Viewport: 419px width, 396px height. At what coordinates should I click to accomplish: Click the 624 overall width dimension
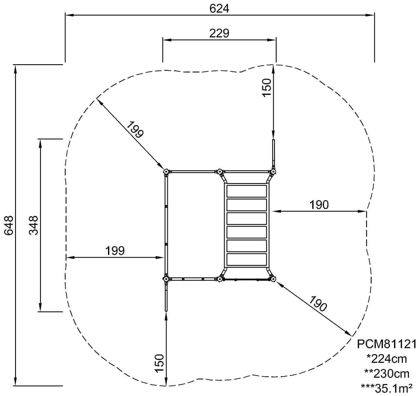219,9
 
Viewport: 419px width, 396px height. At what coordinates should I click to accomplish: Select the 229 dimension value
219,34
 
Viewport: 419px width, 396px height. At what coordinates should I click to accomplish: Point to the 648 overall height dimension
9,225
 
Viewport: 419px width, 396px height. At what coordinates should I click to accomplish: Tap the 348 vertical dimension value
34,225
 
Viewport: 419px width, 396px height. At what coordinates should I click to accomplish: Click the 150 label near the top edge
267,88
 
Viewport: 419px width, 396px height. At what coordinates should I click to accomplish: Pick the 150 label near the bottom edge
159,363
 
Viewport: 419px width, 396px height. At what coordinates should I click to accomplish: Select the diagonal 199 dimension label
135,129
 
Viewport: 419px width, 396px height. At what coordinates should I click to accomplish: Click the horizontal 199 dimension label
115,251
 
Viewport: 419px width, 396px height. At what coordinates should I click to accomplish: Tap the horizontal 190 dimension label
319,205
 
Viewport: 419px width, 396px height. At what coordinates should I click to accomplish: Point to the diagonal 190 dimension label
318,304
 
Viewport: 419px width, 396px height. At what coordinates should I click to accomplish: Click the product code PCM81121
387,344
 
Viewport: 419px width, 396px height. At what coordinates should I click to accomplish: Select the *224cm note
387,359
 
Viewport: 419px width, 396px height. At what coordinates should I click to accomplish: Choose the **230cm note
387,373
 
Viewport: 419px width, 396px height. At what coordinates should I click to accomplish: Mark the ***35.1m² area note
387,388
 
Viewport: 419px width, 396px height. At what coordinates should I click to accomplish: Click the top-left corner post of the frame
166,172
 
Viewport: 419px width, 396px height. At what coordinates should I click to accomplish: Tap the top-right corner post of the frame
273,172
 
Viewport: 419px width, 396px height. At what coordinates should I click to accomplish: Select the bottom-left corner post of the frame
166,279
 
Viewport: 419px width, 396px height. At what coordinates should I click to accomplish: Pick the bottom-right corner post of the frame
273,279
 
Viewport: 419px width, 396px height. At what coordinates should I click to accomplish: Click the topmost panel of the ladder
247,191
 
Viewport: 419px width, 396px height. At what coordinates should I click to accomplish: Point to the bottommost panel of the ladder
247,259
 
